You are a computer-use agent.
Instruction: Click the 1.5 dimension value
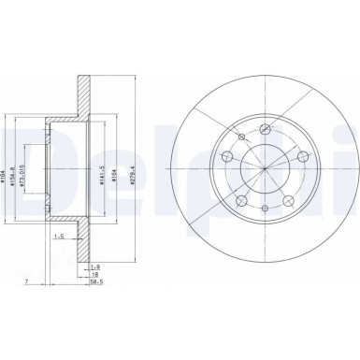click(x=58, y=263)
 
